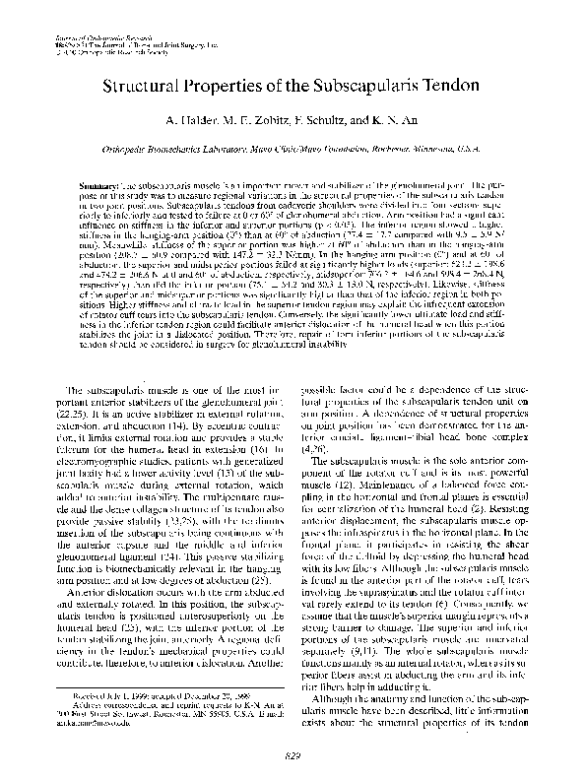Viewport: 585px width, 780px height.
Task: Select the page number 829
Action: click(292, 753)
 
